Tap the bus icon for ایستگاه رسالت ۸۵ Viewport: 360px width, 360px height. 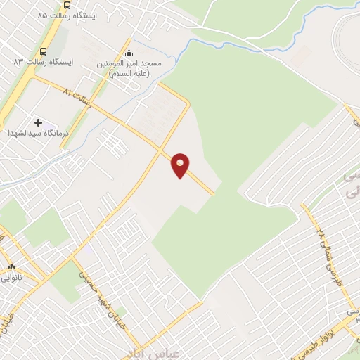[x=65, y=14]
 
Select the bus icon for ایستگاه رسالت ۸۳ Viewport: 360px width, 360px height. [x=44, y=51]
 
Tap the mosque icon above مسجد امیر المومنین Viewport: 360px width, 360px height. [x=128, y=52]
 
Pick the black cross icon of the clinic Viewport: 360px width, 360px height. [x=38, y=123]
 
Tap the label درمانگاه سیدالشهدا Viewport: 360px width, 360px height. [x=39, y=134]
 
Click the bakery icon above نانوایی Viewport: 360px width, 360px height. [x=11, y=268]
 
